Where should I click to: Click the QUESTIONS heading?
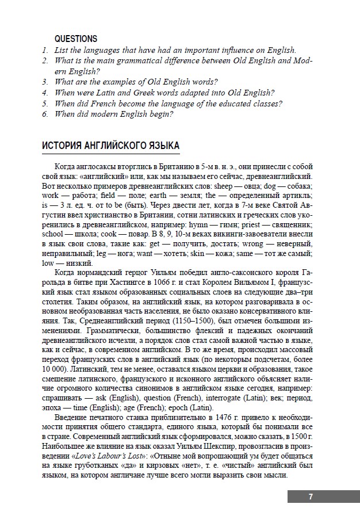click(x=75, y=39)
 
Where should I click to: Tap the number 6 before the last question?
click(x=44, y=114)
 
